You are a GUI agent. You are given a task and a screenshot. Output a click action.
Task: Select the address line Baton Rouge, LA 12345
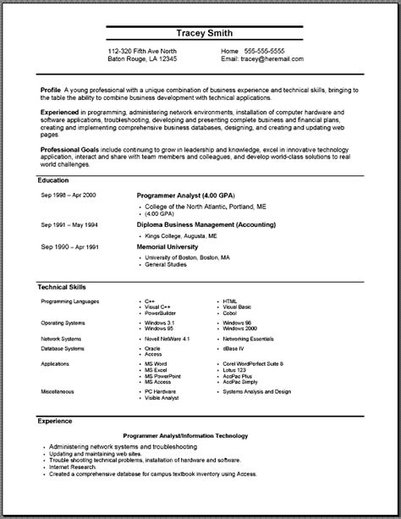pyautogui.click(x=143, y=60)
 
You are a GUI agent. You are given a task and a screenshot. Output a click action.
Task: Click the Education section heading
pyautogui.click(x=53, y=180)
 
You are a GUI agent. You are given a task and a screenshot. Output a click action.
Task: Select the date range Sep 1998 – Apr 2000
pyautogui.click(x=69, y=195)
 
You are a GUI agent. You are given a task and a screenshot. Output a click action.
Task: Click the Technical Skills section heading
pyautogui.click(x=62, y=288)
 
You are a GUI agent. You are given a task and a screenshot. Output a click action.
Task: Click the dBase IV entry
pyautogui.click(x=235, y=347)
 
